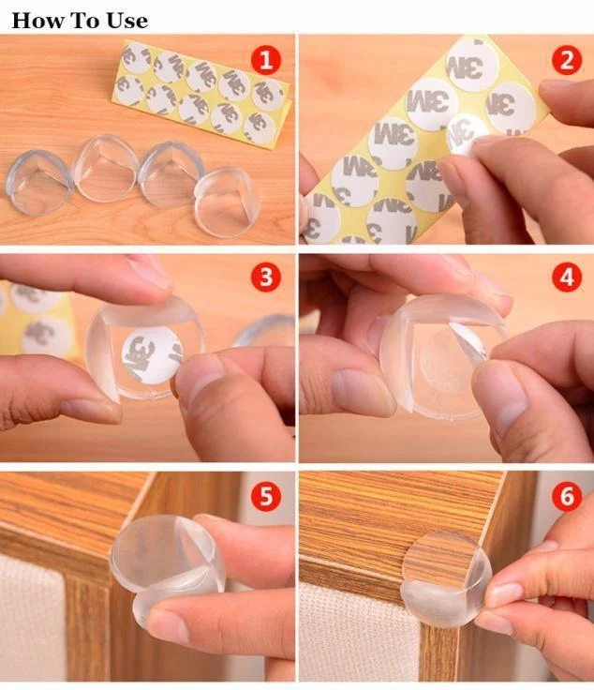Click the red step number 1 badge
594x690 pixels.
(266, 60)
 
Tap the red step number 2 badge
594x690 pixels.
(567, 60)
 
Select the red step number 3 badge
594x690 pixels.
(266, 277)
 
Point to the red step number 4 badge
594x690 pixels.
(567, 277)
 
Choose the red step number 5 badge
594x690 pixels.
(266, 496)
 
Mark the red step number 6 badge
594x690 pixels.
(567, 496)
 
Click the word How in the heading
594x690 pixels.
(37, 21)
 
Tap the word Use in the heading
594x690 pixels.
(127, 21)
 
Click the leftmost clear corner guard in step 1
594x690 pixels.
(38, 182)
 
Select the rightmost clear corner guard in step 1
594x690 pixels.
(227, 202)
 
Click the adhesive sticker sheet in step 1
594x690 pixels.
(201, 93)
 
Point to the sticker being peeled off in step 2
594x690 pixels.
(466, 133)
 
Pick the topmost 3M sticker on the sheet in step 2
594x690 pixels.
(471, 65)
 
